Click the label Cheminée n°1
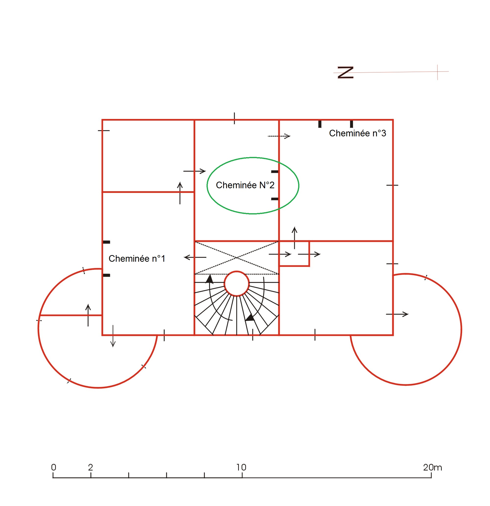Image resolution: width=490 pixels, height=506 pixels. coord(137,259)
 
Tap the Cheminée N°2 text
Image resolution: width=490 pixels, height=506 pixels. coord(245,185)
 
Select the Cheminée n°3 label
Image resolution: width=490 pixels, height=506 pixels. coord(357,133)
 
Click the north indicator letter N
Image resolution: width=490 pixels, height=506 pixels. coord(345,72)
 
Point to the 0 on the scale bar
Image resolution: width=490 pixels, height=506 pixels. coord(53,467)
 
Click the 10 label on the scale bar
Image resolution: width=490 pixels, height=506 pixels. coord(241,467)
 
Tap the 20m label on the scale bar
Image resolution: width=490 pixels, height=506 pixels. coord(432,467)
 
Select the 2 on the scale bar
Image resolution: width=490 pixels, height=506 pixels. coord(90,467)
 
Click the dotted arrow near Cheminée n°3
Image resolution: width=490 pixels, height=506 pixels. coord(279,136)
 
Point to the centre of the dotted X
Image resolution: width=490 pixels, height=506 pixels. coord(237,258)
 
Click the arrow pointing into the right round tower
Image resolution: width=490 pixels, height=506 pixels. coord(397,314)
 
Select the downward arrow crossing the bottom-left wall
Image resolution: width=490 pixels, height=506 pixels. coord(113,336)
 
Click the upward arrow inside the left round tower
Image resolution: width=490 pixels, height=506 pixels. coord(88,315)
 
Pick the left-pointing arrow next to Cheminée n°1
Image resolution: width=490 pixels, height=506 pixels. coord(195,257)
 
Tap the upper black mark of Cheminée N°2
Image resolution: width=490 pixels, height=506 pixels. coord(275,172)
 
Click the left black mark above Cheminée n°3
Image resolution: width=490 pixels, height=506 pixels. coord(320,124)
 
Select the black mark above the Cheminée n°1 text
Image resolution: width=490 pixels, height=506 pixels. coord(107,242)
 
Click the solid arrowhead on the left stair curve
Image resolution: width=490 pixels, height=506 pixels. coord(209,279)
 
